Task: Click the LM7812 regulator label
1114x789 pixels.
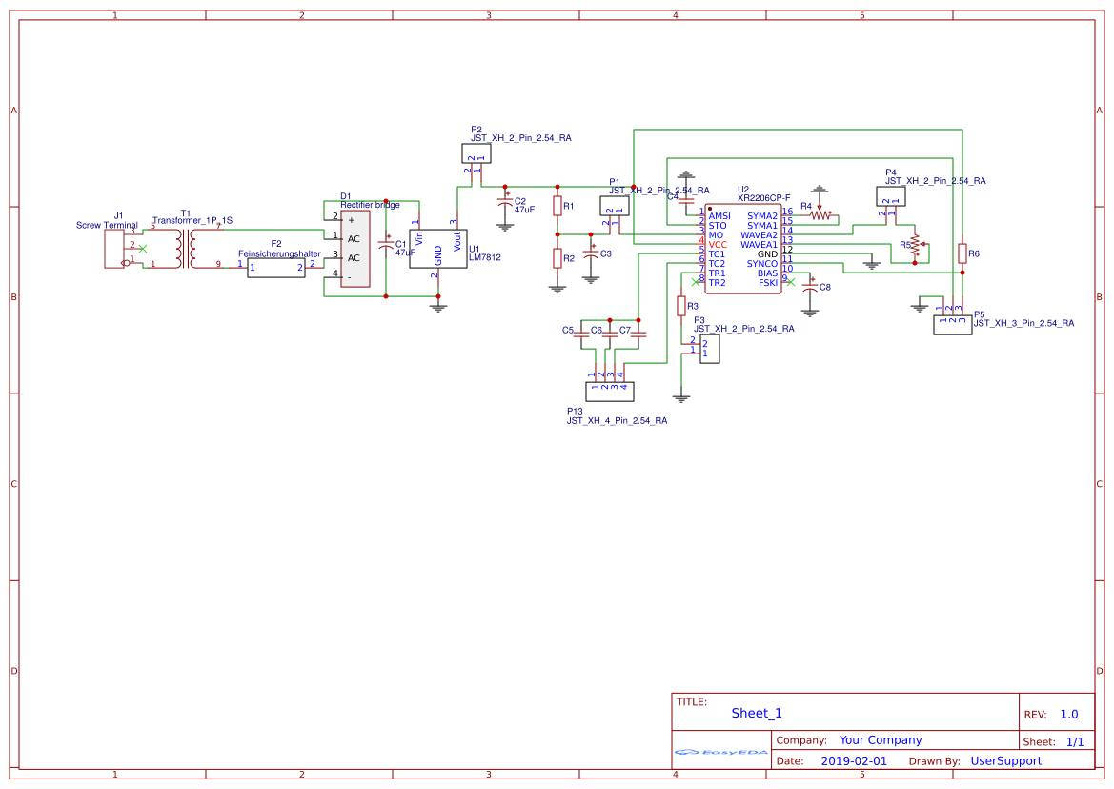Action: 484,257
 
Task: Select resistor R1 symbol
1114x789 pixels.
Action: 557,206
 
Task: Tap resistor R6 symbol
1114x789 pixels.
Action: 962,253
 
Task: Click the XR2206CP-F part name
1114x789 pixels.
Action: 764,198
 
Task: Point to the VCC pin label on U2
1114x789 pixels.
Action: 718,245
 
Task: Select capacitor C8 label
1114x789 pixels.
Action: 825,287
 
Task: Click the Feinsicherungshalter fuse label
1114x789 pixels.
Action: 279,254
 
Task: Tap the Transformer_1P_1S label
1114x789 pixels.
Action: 192,220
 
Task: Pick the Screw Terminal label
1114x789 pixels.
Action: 107,226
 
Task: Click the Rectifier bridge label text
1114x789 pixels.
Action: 370,205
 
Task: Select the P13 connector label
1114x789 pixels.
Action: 574,411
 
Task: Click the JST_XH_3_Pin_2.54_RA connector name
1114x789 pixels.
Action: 1023,323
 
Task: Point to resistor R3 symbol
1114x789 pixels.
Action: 681,305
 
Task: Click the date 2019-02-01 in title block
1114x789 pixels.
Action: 854,761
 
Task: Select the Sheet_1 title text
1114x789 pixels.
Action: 757,713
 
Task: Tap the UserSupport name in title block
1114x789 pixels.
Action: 1005,761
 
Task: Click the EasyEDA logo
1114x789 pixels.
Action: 721,752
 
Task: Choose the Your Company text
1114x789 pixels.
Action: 881,740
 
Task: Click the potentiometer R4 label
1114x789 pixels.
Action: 806,206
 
